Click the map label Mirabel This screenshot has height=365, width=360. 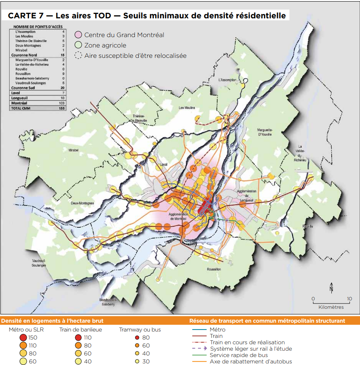click(74, 150)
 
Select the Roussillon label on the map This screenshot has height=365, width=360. click(214, 269)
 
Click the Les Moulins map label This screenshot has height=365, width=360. click(187, 108)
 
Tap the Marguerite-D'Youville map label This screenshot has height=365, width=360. click(265, 132)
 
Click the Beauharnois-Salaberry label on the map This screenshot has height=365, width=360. click(108, 302)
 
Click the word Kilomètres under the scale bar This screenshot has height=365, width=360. click(331, 307)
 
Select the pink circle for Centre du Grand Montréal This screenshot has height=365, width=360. click(79, 35)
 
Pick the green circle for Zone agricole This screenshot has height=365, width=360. click(79, 45)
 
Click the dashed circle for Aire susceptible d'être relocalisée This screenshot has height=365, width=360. click(79, 56)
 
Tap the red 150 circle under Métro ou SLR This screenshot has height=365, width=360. click(23, 338)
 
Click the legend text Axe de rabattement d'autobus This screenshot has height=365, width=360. click(251, 361)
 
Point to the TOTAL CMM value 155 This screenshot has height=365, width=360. click(61, 108)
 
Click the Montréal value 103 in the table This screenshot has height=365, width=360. click(61, 103)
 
